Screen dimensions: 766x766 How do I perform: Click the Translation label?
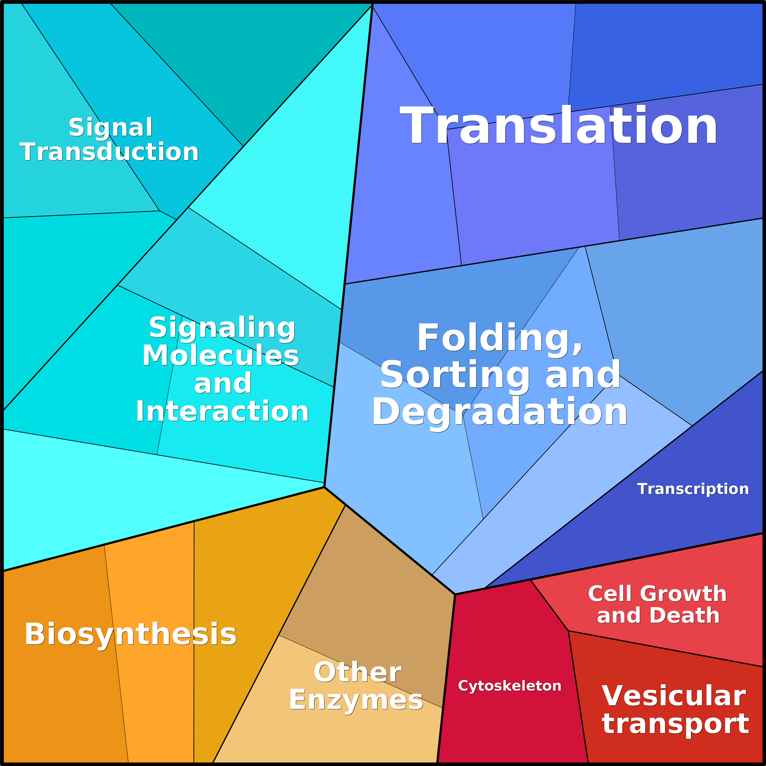point(559,126)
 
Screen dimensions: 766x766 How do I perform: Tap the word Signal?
point(111,128)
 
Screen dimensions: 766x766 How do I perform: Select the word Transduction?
point(109,152)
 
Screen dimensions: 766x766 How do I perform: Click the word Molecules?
point(221,355)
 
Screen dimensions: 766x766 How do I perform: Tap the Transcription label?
point(693,489)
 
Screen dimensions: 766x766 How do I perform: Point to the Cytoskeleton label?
point(510,686)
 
